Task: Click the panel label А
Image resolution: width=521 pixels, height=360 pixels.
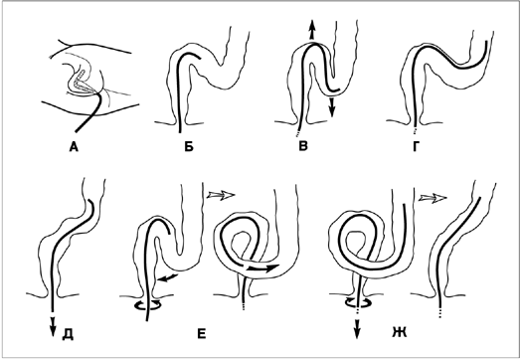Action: click(74, 146)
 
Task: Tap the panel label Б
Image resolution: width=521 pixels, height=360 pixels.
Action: click(189, 146)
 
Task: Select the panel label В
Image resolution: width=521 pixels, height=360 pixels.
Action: click(303, 146)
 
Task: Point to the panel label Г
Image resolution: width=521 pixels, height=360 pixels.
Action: click(416, 146)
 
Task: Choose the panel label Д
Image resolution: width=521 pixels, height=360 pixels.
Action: click(68, 335)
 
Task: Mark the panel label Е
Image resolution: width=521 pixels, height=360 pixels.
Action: click(202, 334)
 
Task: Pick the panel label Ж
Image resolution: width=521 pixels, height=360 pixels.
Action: click(400, 332)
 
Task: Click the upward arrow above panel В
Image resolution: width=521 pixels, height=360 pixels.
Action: click(311, 30)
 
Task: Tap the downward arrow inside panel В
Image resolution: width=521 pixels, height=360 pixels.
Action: click(331, 107)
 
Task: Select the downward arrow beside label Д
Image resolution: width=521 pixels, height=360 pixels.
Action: click(52, 327)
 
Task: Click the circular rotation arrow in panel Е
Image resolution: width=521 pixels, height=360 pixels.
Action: click(146, 305)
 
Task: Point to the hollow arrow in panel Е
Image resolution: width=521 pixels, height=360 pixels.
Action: click(221, 195)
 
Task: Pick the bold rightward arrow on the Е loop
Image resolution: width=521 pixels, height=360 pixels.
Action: click(262, 268)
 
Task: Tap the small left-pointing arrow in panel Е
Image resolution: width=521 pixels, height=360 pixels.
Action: click(167, 277)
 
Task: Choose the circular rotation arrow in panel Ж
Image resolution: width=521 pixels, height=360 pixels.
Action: click(359, 302)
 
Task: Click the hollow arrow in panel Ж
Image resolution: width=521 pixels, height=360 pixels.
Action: click(433, 199)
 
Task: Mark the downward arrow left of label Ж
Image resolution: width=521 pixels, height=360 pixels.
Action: click(357, 329)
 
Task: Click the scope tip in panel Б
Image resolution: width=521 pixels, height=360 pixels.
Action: click(200, 58)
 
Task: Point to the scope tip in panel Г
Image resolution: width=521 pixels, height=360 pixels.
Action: click(486, 43)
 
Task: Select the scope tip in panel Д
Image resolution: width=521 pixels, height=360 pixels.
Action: click(89, 202)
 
